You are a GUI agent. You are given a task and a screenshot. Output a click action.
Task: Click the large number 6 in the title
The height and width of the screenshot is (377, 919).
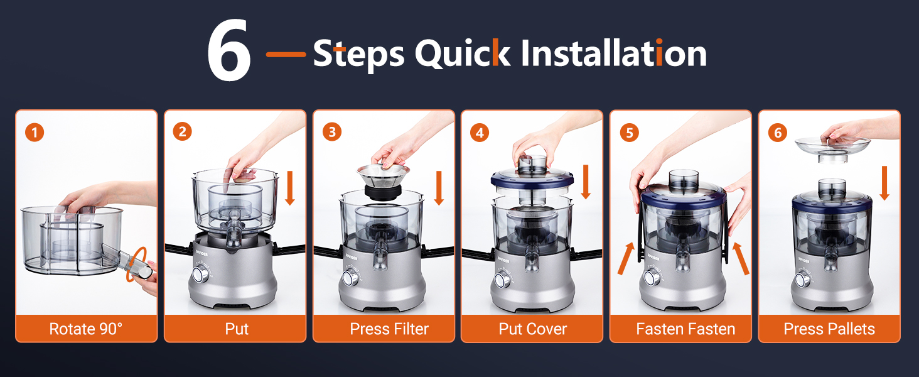(x=228, y=50)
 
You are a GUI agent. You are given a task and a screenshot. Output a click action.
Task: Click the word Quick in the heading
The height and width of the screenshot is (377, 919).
(x=463, y=53)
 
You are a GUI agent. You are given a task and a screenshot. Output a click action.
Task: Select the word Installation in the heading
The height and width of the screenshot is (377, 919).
(x=614, y=53)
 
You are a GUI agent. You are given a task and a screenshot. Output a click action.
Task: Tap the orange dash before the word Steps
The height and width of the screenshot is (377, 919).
(x=286, y=54)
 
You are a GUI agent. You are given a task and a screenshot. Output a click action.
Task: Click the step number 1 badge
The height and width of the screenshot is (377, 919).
(x=35, y=132)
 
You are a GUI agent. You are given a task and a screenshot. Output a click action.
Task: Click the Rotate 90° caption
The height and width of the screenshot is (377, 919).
(x=86, y=329)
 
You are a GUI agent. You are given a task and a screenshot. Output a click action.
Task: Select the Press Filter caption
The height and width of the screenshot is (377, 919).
(x=389, y=329)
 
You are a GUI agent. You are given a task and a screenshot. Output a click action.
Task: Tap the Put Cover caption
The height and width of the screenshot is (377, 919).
(x=532, y=329)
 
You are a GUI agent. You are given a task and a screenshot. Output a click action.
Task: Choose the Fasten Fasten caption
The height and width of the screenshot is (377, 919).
(x=685, y=329)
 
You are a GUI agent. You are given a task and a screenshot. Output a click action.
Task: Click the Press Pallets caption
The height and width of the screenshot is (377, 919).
(x=829, y=329)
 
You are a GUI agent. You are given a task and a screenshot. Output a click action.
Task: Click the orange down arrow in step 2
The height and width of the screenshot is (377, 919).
(x=290, y=188)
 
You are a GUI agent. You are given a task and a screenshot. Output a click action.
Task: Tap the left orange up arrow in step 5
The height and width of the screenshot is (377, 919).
(x=626, y=258)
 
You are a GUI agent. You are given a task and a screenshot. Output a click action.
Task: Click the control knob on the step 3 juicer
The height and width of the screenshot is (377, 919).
(x=350, y=278)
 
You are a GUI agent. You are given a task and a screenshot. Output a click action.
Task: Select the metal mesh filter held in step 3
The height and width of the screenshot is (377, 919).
(x=383, y=182)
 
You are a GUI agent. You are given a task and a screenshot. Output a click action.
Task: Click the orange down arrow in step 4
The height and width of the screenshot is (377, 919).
(x=586, y=182)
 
